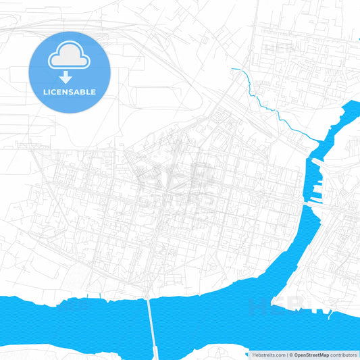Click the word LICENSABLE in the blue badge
point(69,91)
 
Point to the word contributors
point(344,355)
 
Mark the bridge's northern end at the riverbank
point(148,297)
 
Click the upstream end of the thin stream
point(231,69)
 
